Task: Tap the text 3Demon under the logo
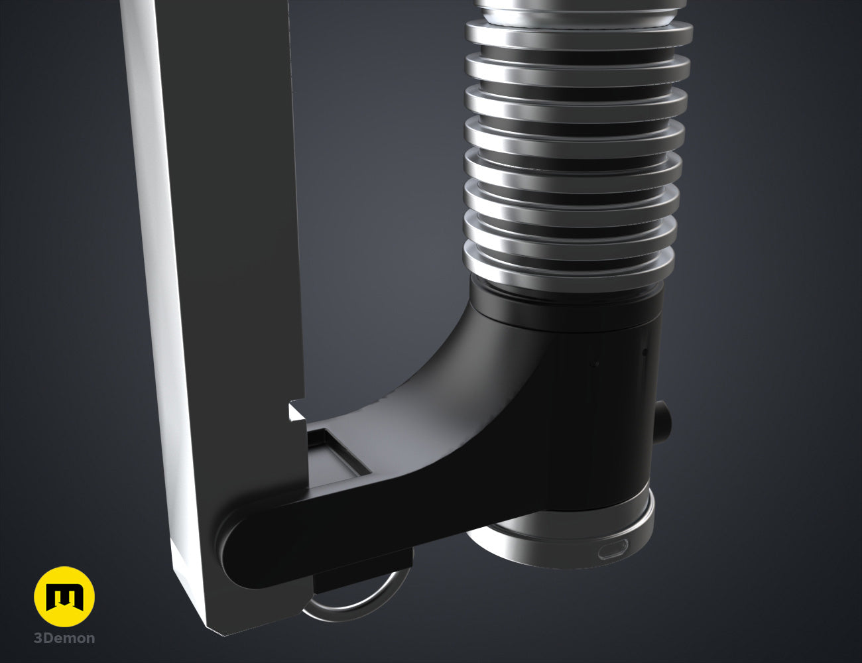(64, 639)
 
